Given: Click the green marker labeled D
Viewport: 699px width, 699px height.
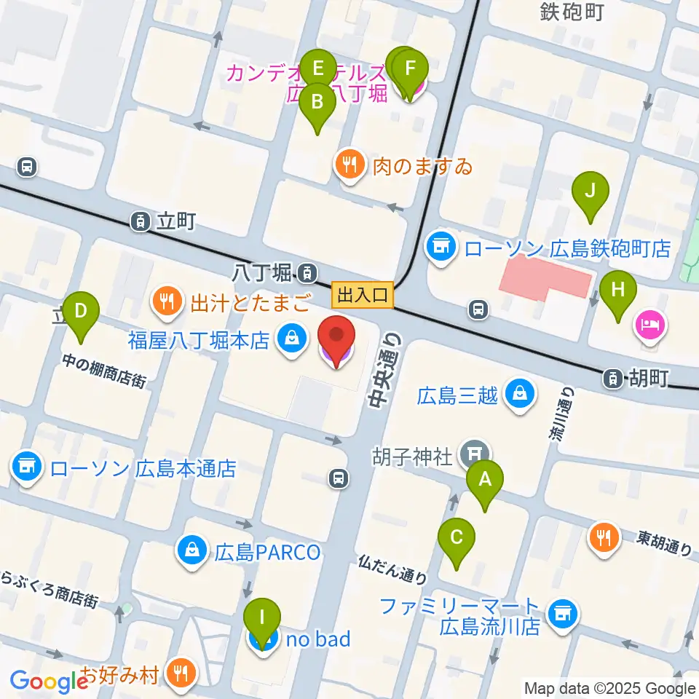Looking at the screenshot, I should pyautogui.click(x=81, y=313).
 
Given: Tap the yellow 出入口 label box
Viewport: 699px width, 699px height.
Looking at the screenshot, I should pyautogui.click(x=363, y=295).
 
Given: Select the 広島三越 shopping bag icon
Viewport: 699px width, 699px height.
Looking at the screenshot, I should pyautogui.click(x=521, y=395).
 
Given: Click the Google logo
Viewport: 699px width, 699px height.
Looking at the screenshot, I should pyautogui.click(x=49, y=682).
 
